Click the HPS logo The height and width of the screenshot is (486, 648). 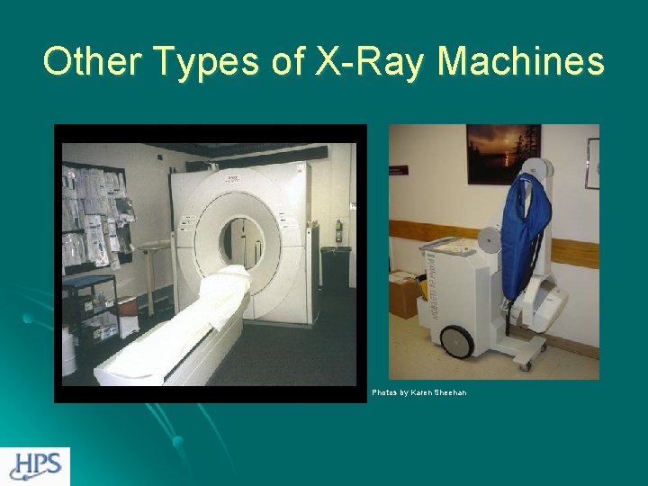pos(35,466)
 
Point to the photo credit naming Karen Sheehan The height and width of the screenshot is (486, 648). pos(419,392)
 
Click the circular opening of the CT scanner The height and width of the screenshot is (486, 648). pos(242,239)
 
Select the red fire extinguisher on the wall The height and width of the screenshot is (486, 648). pos(338,230)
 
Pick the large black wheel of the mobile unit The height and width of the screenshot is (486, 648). pos(457,342)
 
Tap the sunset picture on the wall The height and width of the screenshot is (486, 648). pos(503,154)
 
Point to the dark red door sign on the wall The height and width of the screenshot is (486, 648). pos(399,170)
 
